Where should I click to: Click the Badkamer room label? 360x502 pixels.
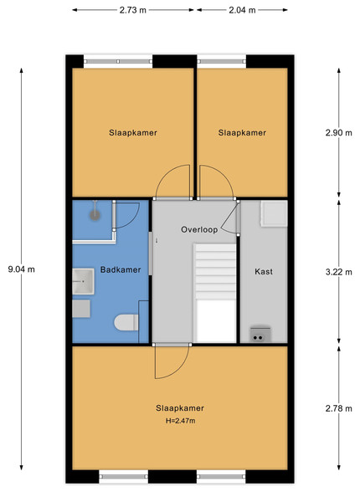(121, 269)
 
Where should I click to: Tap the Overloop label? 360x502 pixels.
(199, 229)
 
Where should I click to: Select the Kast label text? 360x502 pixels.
(264, 271)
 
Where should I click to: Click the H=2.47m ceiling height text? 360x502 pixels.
(180, 421)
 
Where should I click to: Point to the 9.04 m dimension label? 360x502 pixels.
(22, 269)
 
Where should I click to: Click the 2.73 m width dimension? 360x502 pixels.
(133, 10)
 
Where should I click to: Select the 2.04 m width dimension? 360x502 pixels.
(242, 10)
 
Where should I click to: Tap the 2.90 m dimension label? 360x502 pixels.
(339, 132)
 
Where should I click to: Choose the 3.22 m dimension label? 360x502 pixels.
(339, 272)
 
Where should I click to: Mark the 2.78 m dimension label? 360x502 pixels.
(339, 408)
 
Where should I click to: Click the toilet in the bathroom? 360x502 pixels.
(126, 322)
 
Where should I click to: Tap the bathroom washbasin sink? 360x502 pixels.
(83, 281)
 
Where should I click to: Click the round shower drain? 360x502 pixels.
(95, 215)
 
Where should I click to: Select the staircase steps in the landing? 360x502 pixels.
(215, 271)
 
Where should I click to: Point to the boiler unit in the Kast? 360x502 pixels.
(260, 334)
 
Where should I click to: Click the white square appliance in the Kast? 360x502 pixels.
(274, 214)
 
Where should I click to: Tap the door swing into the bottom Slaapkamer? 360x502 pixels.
(172, 361)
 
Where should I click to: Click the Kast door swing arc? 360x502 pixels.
(229, 218)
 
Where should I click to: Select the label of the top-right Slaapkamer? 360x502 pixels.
(242, 132)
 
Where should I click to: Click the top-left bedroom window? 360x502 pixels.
(118, 61)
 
